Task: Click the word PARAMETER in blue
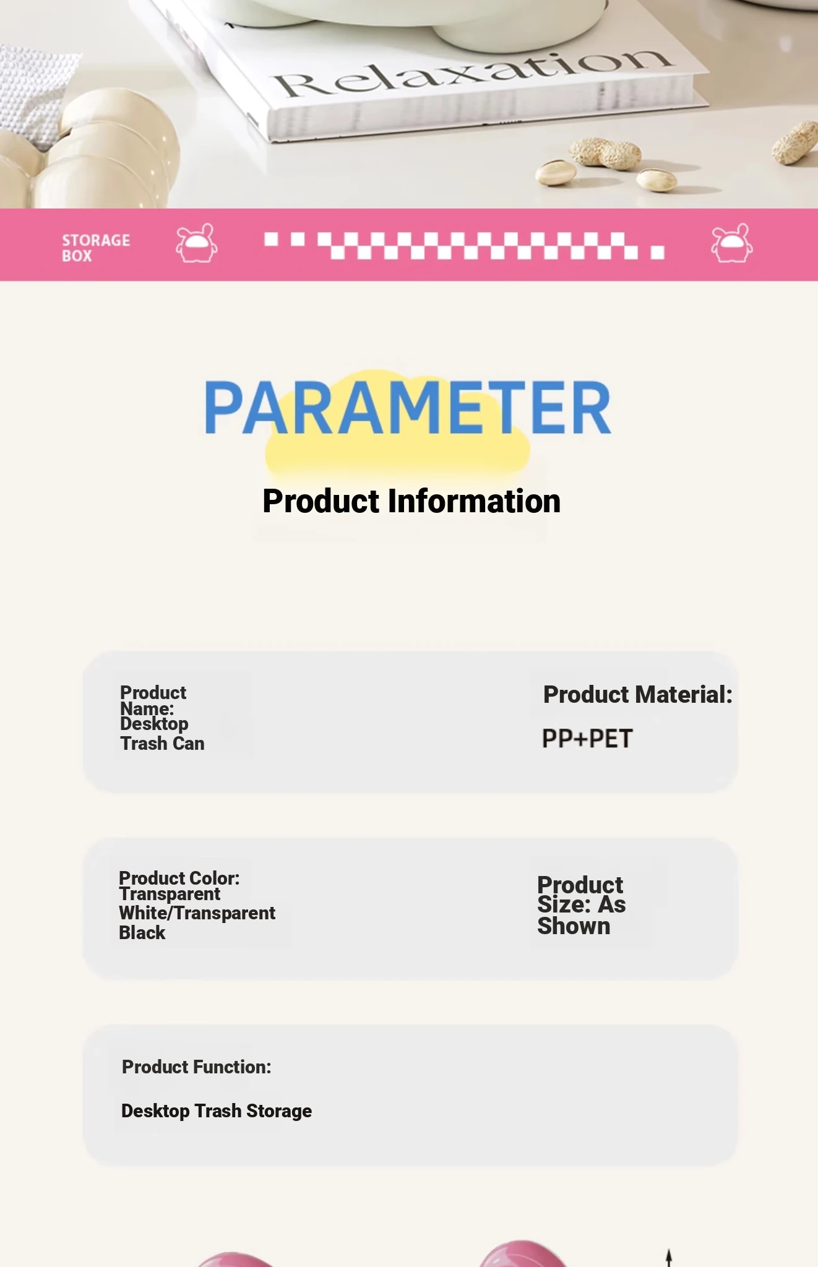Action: coord(408,407)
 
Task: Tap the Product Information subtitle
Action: coord(411,501)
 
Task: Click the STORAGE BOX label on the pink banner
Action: coord(96,247)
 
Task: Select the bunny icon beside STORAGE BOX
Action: coord(197,243)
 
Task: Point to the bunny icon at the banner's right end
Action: coord(732,243)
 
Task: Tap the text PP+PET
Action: coord(587,739)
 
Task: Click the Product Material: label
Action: coord(638,695)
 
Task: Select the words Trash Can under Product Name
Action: coord(162,744)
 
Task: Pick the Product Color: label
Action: coord(179,878)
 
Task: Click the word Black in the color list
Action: coord(142,933)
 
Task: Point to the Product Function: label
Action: coord(197,1067)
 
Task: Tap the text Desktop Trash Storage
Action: coord(217,1111)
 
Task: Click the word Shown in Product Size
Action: coord(574,926)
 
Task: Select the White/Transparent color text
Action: coord(197,913)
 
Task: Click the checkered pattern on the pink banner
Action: coord(464,245)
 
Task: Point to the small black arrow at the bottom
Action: coord(669,1258)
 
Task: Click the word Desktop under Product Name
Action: coord(154,724)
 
